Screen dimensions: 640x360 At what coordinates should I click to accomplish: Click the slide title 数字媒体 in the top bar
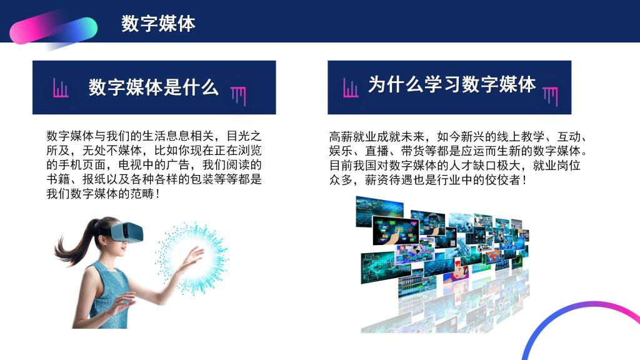coord(158,23)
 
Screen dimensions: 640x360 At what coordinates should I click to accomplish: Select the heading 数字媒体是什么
coord(154,87)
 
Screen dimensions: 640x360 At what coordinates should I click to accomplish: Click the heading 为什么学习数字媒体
coord(452,84)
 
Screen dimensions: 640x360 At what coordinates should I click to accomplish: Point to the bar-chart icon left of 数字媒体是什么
coord(61,87)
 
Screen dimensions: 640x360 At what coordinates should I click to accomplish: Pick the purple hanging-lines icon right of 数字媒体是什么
coord(238,96)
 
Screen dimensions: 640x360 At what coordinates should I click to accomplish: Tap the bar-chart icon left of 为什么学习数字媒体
coord(351,87)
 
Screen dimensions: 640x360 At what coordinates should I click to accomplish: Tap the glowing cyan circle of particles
coord(192,258)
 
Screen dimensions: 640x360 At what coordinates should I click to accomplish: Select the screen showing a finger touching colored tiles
coord(396,230)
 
